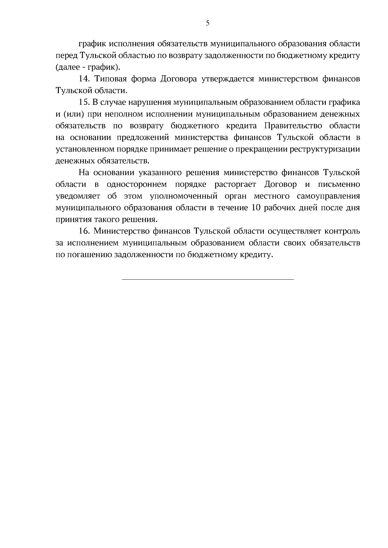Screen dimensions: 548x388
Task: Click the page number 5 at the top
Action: coord(208,23)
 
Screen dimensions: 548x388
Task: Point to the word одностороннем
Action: coord(137,184)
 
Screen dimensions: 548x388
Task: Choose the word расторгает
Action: coord(236,184)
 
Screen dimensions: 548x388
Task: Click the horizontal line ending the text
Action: coord(208,279)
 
